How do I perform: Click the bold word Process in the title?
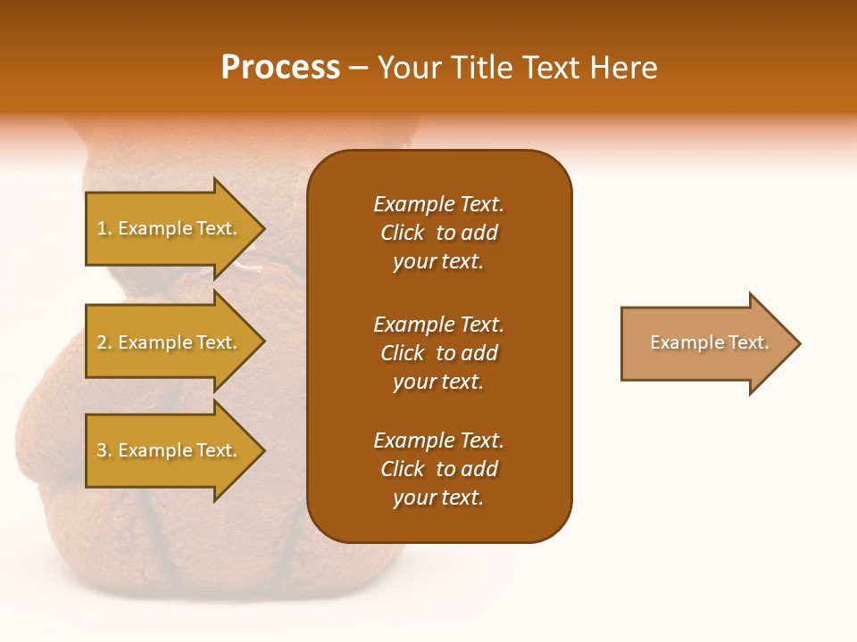(280, 68)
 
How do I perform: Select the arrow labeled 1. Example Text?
(170, 228)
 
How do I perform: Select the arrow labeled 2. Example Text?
(170, 342)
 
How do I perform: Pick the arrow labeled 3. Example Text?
(170, 450)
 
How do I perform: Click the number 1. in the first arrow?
(104, 228)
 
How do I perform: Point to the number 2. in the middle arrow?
(104, 342)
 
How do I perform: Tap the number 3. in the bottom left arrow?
(104, 450)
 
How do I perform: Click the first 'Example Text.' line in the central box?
(438, 204)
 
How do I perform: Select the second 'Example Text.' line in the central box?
(438, 324)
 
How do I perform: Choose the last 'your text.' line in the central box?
(438, 498)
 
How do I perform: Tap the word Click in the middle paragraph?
(403, 353)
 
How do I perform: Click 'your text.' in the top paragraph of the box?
(438, 261)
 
